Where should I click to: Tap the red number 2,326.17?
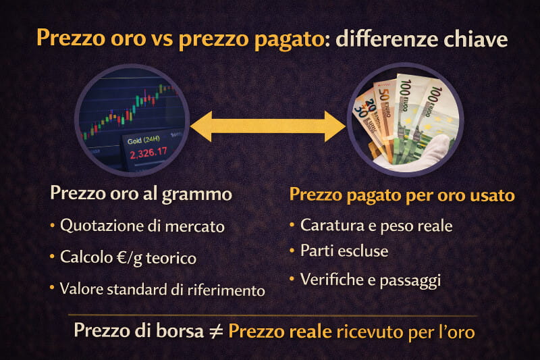(148, 153)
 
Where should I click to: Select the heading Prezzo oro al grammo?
(141, 194)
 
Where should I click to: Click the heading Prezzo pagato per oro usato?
(402, 195)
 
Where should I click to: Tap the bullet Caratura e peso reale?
(376, 225)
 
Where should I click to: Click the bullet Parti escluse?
(344, 251)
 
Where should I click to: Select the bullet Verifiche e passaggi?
(371, 279)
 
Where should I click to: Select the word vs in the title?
(168, 39)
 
